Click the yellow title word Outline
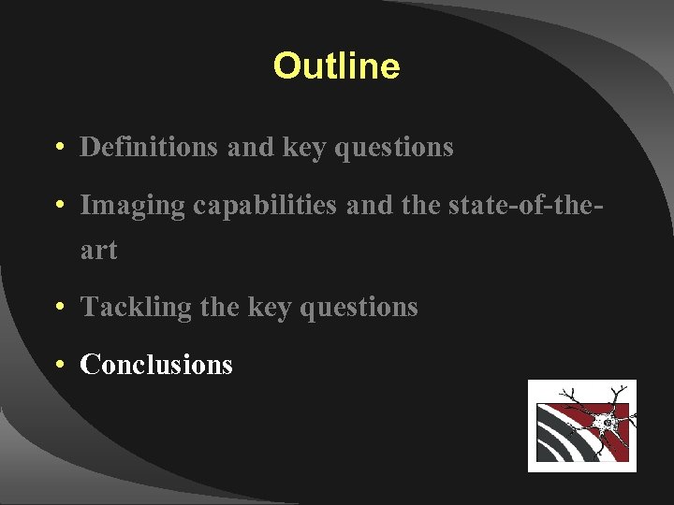(x=336, y=65)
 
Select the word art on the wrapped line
(x=98, y=250)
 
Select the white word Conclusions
(x=156, y=364)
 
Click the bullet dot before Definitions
(x=59, y=148)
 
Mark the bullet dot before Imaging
(x=59, y=206)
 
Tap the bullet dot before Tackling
(x=59, y=308)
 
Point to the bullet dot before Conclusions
(x=59, y=365)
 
